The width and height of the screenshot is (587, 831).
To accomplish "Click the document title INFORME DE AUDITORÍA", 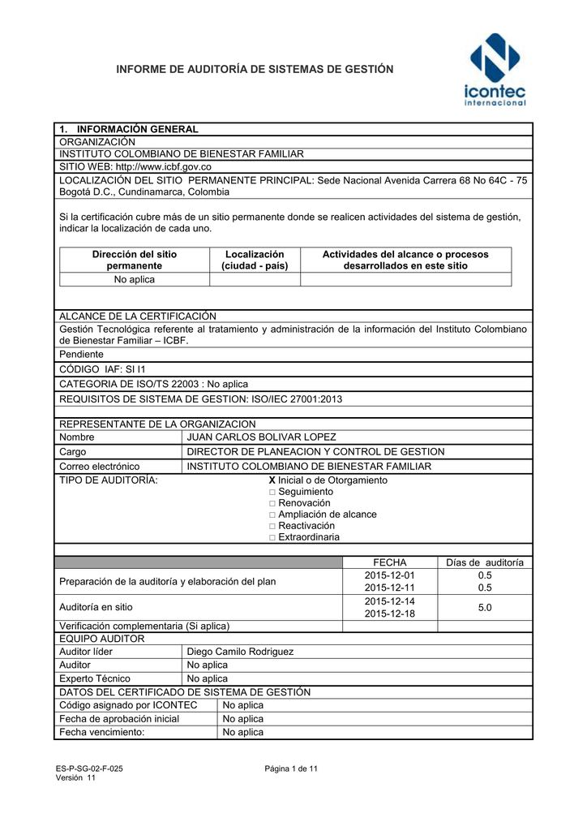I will (255, 70).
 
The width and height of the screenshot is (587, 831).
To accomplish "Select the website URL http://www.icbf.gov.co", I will (165, 166).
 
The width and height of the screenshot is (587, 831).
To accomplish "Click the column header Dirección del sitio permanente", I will (134, 260).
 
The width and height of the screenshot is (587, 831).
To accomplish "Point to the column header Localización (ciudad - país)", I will (255, 260).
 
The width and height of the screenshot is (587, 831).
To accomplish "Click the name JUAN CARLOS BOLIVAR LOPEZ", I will (261, 437).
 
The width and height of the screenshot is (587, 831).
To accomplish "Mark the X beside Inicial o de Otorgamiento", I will (272, 480).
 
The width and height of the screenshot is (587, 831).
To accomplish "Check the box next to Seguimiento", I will (272, 492).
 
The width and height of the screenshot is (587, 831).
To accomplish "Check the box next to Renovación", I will (272, 503).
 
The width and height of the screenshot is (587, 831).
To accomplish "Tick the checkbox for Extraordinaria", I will (272, 537).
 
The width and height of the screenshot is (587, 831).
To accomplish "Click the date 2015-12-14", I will (389, 601).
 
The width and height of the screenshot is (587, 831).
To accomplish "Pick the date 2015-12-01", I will (389, 575).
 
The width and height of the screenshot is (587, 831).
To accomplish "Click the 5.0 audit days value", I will (485, 607).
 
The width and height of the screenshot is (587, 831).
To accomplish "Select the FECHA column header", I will (389, 562).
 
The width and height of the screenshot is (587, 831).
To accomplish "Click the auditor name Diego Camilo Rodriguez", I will (240, 652).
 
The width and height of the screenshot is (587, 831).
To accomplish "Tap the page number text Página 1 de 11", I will (291, 769).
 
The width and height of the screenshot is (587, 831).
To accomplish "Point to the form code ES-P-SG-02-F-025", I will (89, 769).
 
